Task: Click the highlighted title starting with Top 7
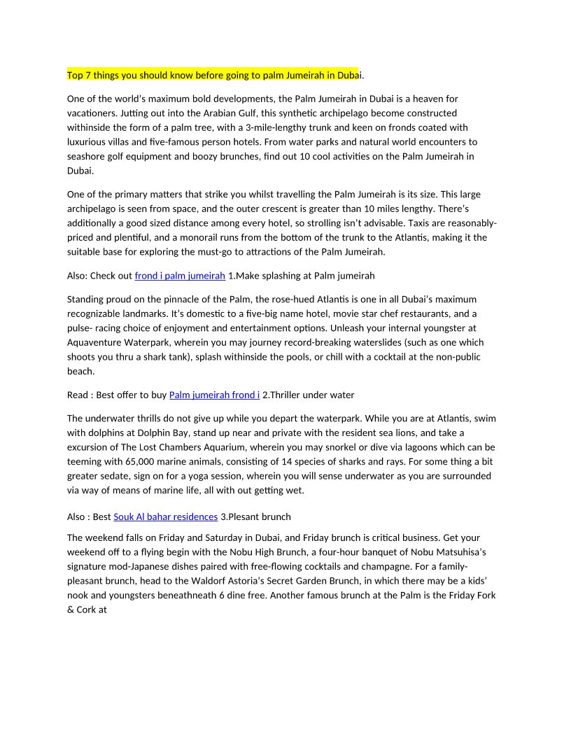[x=213, y=74]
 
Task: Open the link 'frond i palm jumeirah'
[x=180, y=276]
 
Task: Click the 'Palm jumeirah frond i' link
[x=214, y=395]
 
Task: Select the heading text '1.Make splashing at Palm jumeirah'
[x=302, y=276]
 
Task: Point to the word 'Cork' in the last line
[x=87, y=609]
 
